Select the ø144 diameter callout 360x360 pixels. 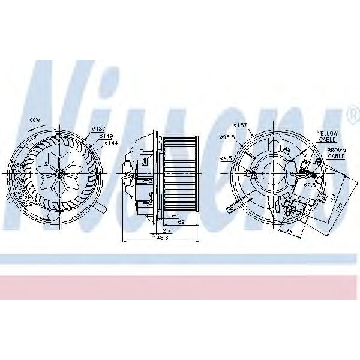pyautogui.click(x=111, y=143)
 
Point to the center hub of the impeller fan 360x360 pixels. pyautogui.click(x=59, y=173)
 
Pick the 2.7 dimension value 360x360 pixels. pyautogui.click(x=166, y=230)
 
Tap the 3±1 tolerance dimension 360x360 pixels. pyautogui.click(x=173, y=215)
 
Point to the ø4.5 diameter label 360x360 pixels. pyautogui.click(x=226, y=158)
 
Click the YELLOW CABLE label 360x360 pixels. pyautogui.click(x=328, y=136)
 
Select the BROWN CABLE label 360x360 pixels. pyautogui.click(x=335, y=152)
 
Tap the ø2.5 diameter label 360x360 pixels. pyautogui.click(x=310, y=185)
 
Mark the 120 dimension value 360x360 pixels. pyautogui.click(x=341, y=207)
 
